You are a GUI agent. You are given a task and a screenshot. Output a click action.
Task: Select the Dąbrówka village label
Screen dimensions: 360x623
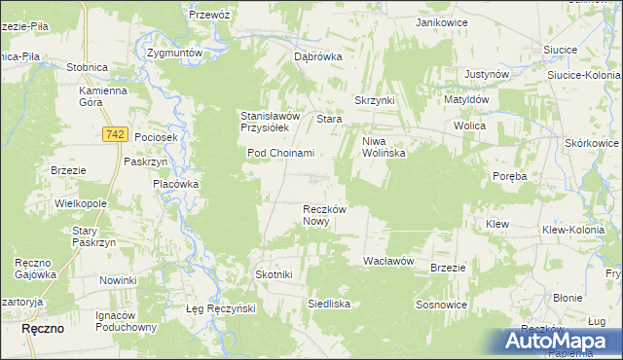tap(318, 56)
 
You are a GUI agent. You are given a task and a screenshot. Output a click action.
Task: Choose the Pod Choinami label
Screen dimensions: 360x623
tap(280, 153)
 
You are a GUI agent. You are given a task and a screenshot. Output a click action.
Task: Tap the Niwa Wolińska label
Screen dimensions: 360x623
tap(384, 147)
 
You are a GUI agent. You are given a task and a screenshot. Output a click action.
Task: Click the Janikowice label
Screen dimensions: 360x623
tap(442, 21)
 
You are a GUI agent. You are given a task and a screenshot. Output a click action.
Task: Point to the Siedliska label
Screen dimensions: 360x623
tap(329, 305)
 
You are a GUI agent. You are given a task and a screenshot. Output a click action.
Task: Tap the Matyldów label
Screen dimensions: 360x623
tap(472, 99)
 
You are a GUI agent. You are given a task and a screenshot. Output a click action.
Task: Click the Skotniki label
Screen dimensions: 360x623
tap(274, 275)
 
